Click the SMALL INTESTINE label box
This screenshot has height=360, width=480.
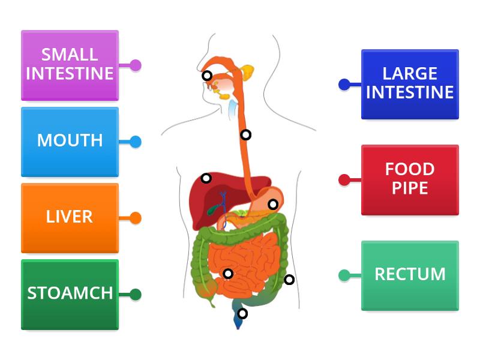70,65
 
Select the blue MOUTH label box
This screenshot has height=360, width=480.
70,142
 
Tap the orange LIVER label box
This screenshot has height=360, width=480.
70,217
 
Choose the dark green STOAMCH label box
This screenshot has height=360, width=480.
70,294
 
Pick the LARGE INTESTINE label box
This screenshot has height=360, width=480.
410,84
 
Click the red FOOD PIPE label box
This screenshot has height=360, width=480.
410,179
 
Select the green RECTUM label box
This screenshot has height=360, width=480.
410,275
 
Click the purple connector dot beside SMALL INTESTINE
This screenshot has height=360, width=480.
136,65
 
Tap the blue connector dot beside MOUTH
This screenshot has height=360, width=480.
136,142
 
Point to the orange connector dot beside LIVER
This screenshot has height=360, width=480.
136,218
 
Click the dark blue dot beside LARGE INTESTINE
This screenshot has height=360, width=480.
344,85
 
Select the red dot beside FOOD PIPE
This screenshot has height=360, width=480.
344,179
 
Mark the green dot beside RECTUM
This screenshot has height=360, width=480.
344,275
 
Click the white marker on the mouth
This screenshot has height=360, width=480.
206,76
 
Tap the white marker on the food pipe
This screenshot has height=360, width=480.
245,135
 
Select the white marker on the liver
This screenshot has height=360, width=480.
206,178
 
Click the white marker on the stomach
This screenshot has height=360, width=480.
273,205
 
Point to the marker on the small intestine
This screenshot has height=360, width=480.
228,274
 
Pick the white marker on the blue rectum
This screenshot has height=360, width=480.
242,313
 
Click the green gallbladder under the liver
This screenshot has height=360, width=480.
211,210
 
